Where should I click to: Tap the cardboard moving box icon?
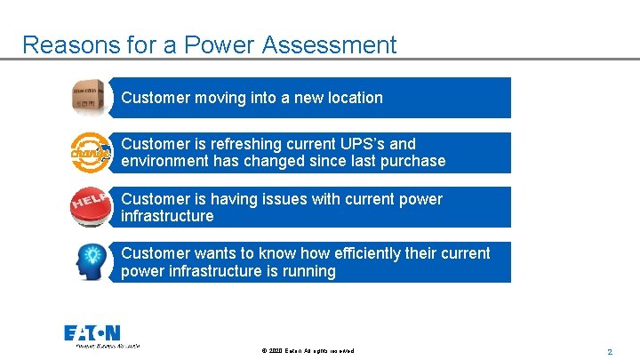click(90, 97)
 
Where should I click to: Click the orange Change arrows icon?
click(90, 153)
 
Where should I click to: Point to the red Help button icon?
click(90, 207)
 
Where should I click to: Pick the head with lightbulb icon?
click(90, 262)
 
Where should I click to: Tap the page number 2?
click(610, 351)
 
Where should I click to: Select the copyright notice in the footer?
click(308, 351)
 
